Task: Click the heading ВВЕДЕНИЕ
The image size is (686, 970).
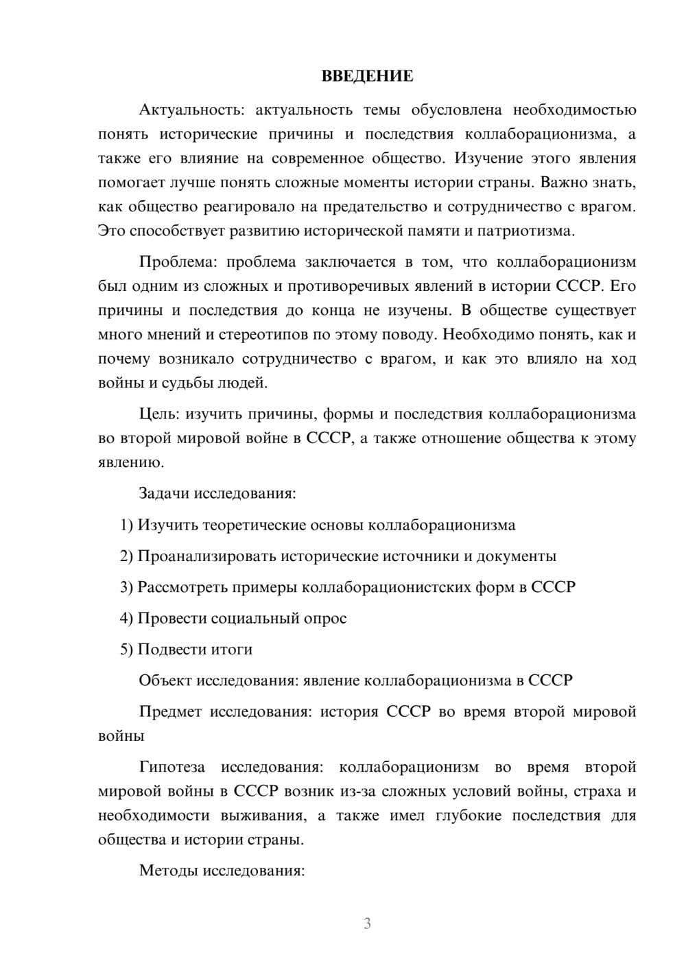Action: [x=368, y=76]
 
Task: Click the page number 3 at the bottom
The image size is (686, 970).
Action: [x=367, y=923]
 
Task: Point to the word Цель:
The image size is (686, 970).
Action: [x=159, y=414]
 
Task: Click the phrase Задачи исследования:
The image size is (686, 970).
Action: [x=217, y=493]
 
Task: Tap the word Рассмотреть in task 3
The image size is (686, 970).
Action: [x=183, y=587]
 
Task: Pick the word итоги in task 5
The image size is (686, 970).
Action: [x=231, y=649]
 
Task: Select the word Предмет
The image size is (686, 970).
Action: [x=170, y=711]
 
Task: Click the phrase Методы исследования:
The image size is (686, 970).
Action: [x=222, y=871]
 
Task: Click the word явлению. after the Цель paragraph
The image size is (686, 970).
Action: [x=131, y=462]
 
